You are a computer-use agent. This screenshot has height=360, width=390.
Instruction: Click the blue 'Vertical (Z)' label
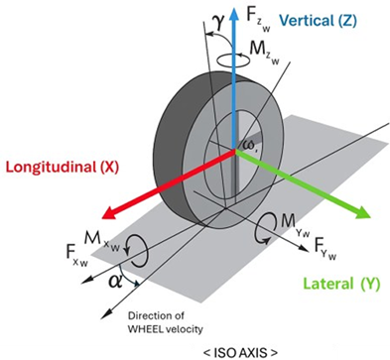(318, 21)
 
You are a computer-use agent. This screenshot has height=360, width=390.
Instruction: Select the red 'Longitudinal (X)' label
(62, 167)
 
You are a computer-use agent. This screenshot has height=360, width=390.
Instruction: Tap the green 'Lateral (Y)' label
(341, 284)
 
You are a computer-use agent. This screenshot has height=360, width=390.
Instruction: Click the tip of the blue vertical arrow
(234, 7)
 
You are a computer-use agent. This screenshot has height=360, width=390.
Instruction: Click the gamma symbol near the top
(219, 24)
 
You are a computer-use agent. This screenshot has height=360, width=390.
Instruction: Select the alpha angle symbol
(114, 282)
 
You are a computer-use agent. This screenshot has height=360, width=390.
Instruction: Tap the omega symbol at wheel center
(250, 145)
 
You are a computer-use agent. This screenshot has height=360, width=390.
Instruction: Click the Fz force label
(258, 20)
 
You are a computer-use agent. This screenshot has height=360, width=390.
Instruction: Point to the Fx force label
(76, 255)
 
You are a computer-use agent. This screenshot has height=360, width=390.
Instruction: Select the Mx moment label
(101, 240)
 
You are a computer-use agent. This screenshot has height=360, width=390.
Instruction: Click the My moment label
(295, 226)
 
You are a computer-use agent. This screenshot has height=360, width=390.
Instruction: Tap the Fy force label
(325, 249)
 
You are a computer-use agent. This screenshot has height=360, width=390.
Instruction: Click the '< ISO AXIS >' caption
(240, 352)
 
